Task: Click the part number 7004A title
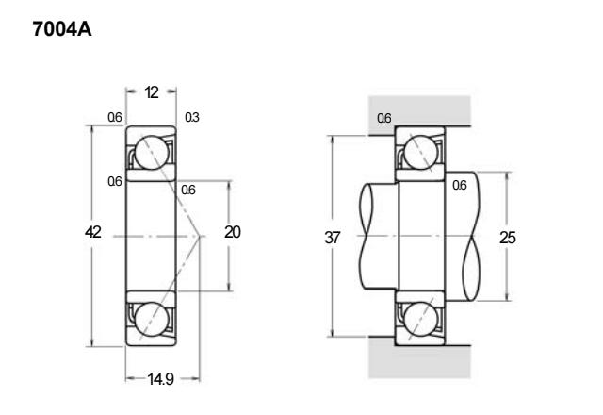tap(62, 29)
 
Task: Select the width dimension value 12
tap(152, 92)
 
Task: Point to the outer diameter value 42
tap(93, 232)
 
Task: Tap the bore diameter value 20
tap(233, 232)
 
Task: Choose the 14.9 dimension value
tap(161, 379)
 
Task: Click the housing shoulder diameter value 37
tap(333, 238)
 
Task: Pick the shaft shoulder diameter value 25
tap(507, 238)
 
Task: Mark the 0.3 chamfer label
tap(192, 117)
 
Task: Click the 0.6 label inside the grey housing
tap(383, 118)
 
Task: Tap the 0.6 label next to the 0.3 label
tap(115, 117)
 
